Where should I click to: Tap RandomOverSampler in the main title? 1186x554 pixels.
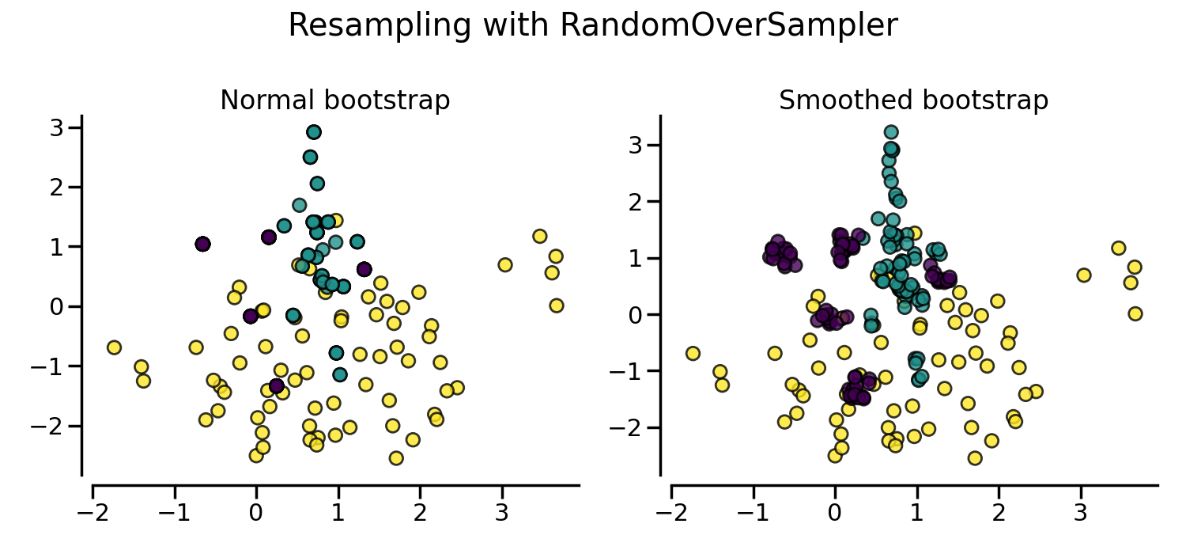point(728,26)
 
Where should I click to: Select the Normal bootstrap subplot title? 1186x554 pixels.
point(334,101)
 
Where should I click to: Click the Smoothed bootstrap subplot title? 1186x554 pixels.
point(913,101)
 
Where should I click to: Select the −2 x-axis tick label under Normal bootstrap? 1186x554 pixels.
point(93,513)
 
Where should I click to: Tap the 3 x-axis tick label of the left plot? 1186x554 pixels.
point(501,513)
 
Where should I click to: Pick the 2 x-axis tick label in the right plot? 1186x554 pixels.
point(999,513)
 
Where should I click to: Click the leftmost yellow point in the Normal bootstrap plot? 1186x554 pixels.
point(114,347)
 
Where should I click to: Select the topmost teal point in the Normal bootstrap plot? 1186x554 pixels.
point(314,132)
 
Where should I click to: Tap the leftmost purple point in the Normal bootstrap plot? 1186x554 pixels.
point(202,244)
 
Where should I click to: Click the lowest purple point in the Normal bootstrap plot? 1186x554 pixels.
point(276,386)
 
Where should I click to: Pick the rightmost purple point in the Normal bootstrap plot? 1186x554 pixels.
point(364,269)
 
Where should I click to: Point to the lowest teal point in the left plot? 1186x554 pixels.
point(340,374)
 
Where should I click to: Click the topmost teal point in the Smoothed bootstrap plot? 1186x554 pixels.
point(891,132)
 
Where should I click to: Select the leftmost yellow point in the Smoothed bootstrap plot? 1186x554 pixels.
point(693,353)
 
